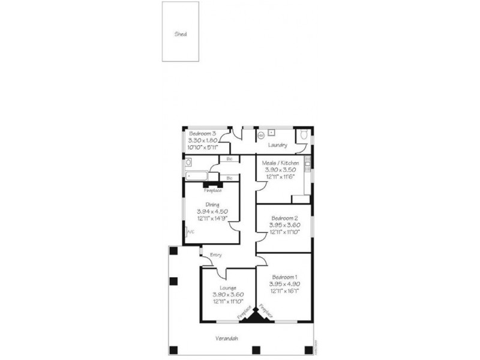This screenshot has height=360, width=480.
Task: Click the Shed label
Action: coord(181,34)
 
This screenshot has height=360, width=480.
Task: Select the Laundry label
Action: coord(277,145)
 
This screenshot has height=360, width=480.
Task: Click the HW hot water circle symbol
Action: coord(261,136)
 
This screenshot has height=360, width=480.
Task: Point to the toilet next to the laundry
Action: coord(305,136)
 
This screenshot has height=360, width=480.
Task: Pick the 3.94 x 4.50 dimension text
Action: coord(212,211)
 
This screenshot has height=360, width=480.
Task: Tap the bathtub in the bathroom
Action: coord(196,176)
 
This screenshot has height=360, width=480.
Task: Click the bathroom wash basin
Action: coord(188,162)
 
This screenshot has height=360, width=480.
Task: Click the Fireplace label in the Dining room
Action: coord(212,191)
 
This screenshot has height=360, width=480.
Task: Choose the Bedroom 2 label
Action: coord(283,218)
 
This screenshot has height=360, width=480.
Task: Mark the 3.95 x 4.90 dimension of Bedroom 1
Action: coord(284,284)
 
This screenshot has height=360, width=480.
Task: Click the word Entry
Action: coord(216,255)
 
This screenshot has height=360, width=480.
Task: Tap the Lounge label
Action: coord(228,288)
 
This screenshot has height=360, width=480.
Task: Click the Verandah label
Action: coord(227,338)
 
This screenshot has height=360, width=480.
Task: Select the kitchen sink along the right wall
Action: coord(307,161)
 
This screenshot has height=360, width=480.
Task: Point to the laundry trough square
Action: coord(272,131)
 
